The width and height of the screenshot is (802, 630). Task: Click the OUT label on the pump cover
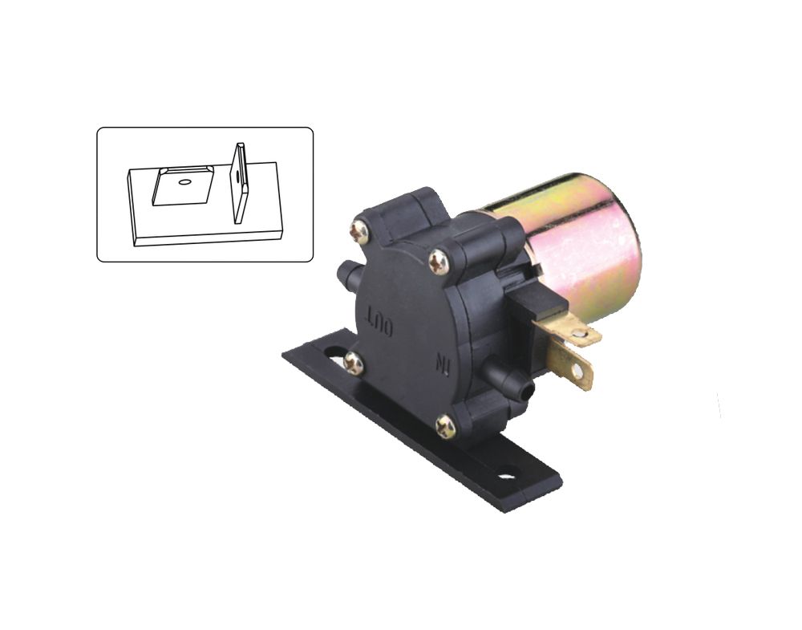coord(379,320)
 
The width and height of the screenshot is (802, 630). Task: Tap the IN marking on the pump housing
coord(443,364)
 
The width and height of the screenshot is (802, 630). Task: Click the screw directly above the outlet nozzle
coord(359,233)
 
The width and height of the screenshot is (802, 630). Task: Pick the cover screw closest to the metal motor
coord(439,262)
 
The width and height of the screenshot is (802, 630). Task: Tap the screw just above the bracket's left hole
coord(354,363)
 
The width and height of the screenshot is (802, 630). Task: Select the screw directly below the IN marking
coord(445,426)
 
